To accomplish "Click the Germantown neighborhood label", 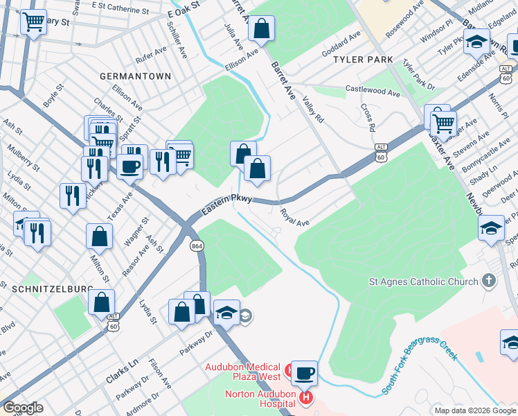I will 135,76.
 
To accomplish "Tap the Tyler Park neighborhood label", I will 363,60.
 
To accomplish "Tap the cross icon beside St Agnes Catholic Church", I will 489,281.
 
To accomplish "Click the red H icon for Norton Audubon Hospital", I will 305,397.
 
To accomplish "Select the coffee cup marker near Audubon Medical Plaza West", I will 304,373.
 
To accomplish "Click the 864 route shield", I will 197,245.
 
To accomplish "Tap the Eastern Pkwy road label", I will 228,204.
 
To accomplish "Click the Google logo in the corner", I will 22,408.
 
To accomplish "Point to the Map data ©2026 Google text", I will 474,410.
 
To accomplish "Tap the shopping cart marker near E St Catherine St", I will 33,23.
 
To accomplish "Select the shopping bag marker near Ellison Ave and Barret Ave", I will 262,28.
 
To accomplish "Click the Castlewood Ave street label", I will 373,91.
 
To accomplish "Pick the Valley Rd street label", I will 314,111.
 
